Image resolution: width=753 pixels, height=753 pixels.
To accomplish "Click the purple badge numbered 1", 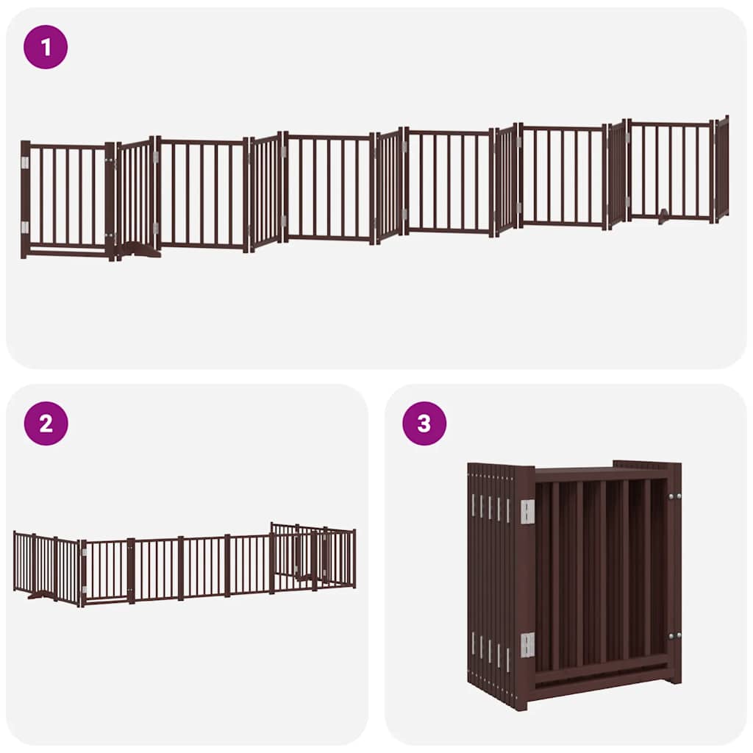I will [x=46, y=47].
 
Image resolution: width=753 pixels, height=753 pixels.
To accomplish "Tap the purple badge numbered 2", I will [x=46, y=423].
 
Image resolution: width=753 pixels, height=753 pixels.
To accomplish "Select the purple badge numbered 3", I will [x=424, y=423].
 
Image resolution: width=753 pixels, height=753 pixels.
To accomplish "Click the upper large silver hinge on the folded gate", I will [x=527, y=512].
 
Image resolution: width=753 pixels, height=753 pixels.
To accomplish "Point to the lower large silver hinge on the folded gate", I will [x=527, y=644].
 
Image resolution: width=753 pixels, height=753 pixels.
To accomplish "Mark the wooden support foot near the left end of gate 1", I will [x=140, y=251].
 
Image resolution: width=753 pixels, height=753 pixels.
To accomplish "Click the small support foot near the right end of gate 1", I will [x=664, y=215].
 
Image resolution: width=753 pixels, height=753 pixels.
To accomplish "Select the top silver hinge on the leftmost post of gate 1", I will [x=24, y=163].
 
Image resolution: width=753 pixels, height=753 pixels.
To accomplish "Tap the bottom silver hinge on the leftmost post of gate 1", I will [x=24, y=227].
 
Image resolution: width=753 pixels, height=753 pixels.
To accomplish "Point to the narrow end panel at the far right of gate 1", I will [x=722, y=168].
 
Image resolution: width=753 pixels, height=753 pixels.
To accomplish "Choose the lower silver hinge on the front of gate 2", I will [x=84, y=590].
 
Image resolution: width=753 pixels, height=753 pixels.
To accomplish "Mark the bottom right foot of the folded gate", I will [x=671, y=677].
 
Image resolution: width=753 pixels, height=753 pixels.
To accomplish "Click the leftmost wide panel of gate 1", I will [x=67, y=199].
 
